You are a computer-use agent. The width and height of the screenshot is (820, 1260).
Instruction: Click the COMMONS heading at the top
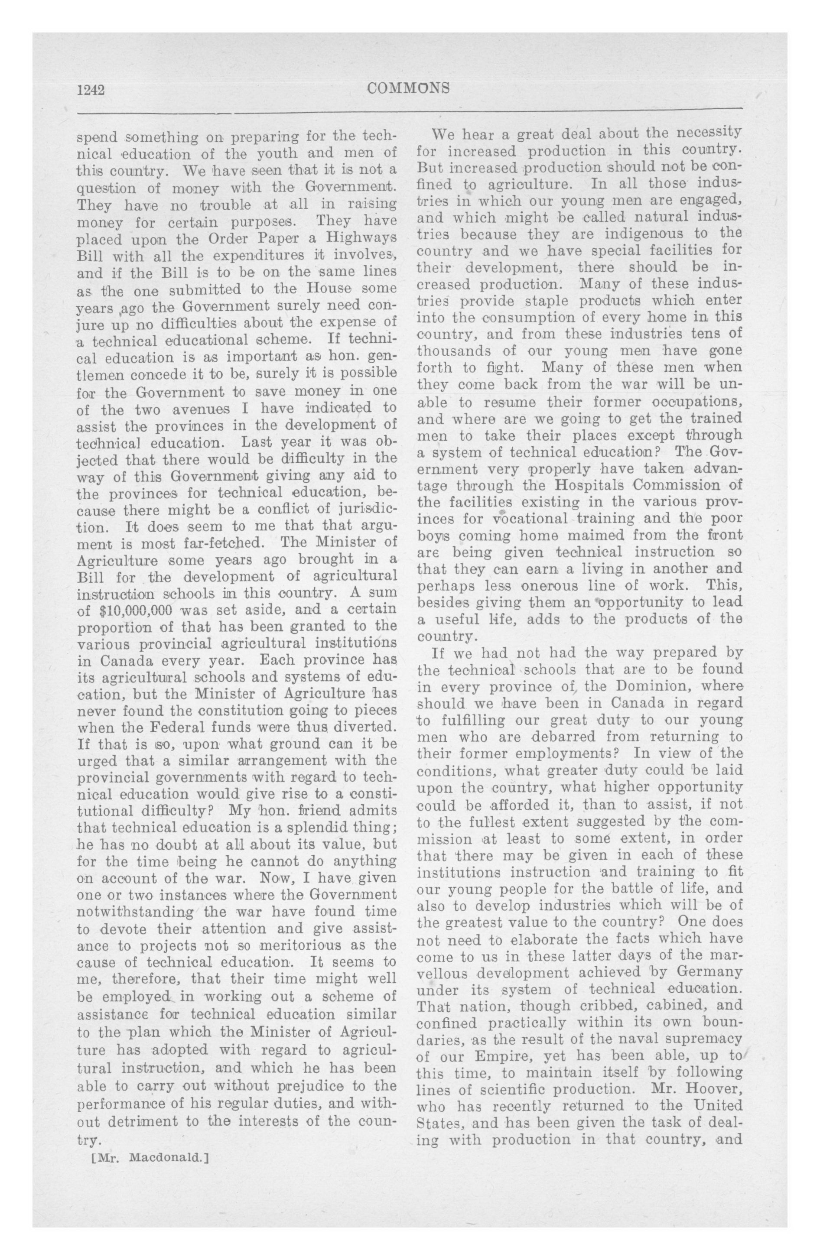[x=408, y=88]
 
